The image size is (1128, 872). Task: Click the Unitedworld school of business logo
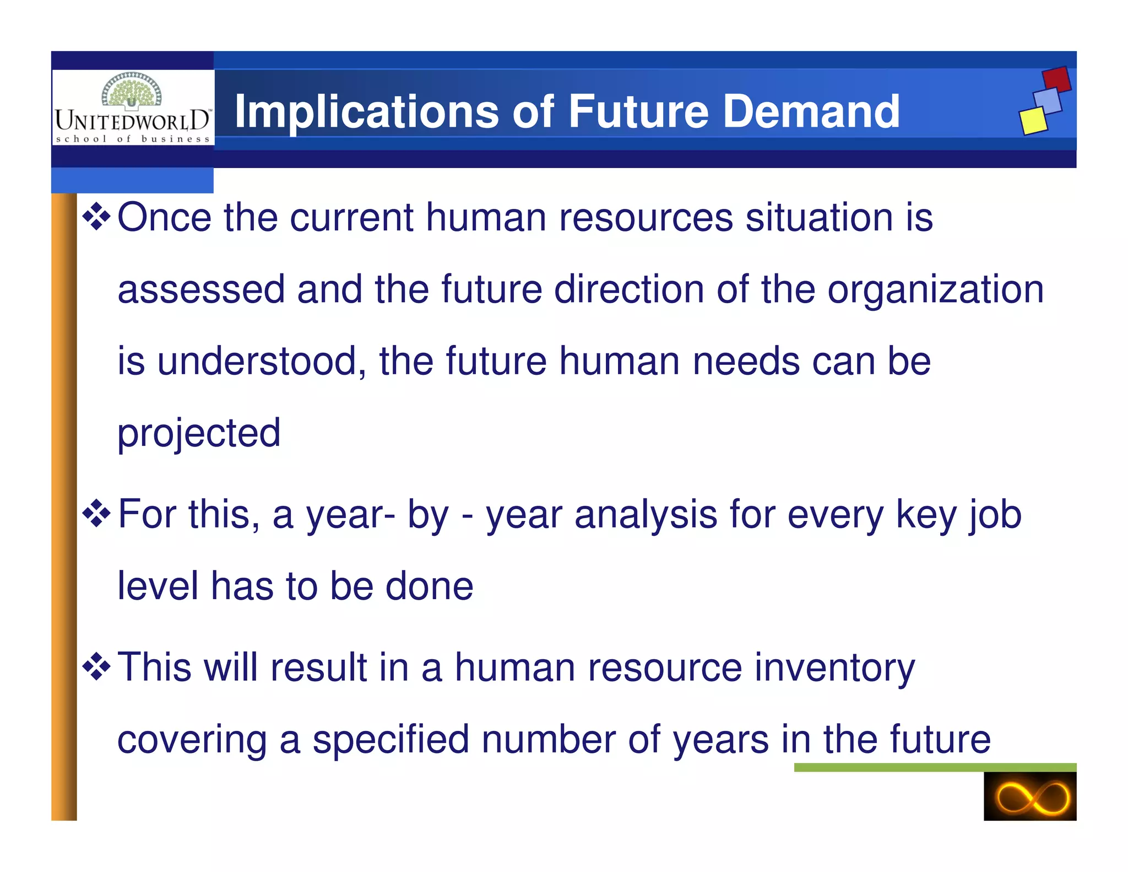[x=133, y=107]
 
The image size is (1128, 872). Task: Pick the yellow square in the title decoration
[x=1033, y=121]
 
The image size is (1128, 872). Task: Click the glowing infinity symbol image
[x=1029, y=796]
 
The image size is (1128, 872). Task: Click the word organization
[x=935, y=290]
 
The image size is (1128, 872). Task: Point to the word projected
[x=199, y=433]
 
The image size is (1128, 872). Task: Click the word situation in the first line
[x=819, y=217]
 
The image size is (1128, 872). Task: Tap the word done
[x=429, y=586]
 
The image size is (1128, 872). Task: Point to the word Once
[x=164, y=217]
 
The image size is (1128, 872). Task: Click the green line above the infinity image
[x=935, y=767]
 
